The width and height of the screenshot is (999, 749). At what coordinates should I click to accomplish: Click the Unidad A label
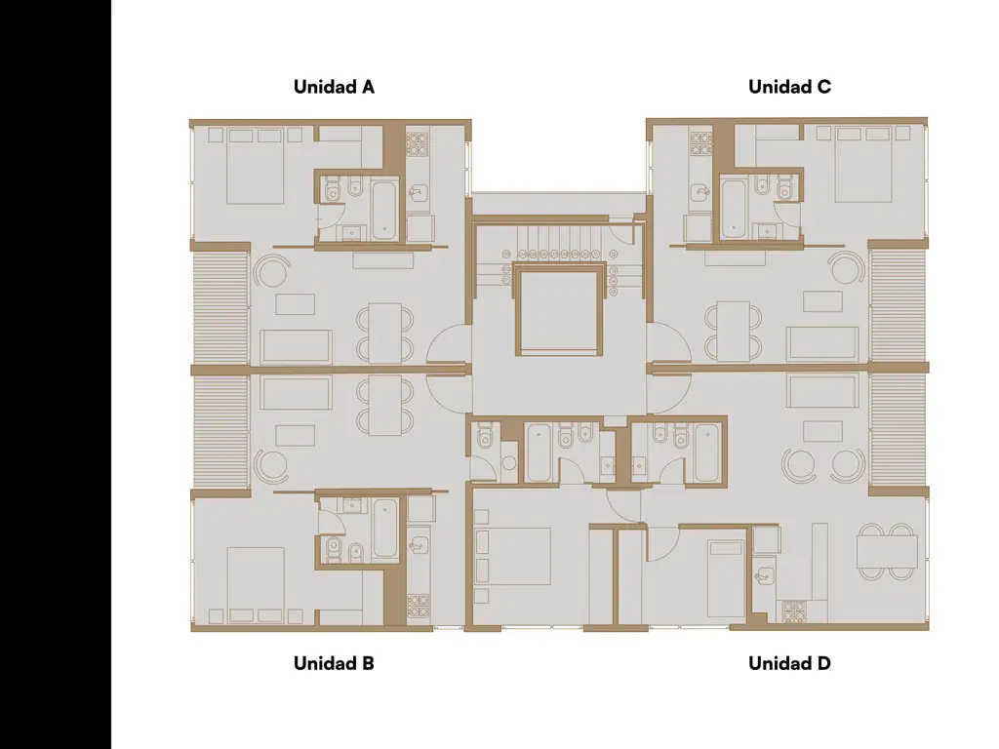334,87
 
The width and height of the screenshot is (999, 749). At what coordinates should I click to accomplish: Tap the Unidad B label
334,663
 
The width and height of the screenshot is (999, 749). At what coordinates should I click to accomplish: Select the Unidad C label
789,87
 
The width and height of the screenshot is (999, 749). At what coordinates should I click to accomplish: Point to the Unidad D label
789,663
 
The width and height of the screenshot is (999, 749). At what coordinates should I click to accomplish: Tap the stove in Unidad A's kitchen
418,144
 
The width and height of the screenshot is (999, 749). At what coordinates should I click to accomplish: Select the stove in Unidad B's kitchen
418,606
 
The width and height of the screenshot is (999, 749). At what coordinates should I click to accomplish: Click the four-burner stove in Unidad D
794,611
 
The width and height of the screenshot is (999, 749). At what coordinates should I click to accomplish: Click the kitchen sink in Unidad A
418,191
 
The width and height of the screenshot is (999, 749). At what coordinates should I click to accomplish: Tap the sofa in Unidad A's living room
296,347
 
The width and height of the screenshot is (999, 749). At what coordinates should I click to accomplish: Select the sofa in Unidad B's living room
296,393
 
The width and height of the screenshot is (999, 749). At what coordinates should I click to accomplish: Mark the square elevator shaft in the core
559,312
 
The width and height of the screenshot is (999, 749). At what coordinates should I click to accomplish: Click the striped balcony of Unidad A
220,308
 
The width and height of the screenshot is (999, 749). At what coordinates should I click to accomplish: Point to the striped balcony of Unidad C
898,307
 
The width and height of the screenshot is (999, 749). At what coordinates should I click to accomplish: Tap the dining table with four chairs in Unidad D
887,552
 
